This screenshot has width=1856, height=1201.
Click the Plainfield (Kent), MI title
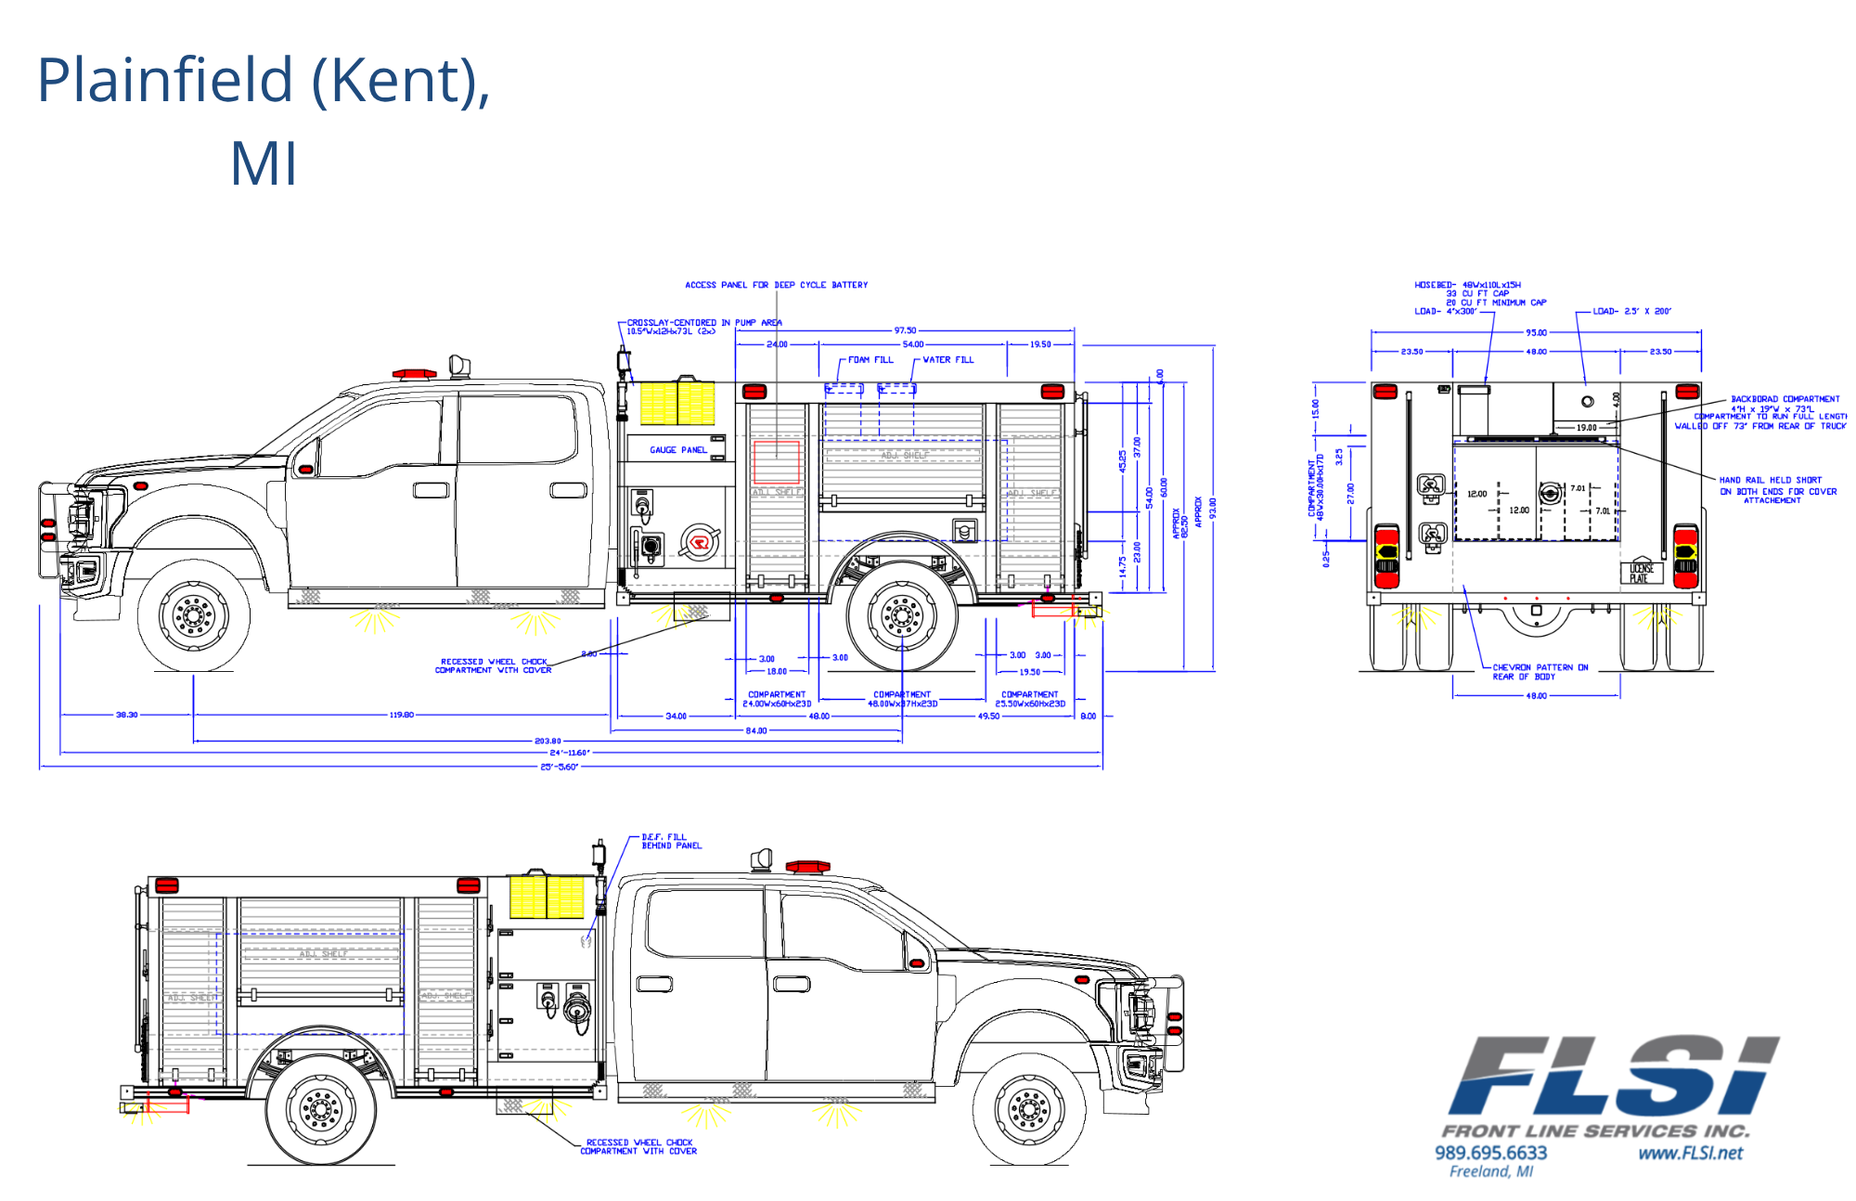point(264,121)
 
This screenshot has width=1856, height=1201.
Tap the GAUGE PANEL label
point(677,450)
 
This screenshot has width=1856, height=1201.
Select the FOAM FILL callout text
point(870,360)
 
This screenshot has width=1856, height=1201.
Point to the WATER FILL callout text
point(947,360)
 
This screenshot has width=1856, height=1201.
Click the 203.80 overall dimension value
point(548,742)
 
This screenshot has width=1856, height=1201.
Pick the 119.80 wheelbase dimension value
point(401,716)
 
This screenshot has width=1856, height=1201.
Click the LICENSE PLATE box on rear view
point(1641,574)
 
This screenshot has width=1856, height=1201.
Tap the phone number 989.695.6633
point(1490,1153)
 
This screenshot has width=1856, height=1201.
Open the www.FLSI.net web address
point(1690,1154)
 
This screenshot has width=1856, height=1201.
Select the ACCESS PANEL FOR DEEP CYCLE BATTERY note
point(776,285)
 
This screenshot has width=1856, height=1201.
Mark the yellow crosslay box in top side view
point(677,403)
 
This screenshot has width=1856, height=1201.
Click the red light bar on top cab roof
point(414,374)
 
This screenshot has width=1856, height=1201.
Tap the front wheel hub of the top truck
point(194,614)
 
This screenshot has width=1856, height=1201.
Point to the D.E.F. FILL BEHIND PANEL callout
point(671,842)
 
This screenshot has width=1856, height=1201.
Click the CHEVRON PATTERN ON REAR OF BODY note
point(1540,672)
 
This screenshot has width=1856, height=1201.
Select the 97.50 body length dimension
point(905,330)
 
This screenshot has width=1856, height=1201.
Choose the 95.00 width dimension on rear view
point(1536,332)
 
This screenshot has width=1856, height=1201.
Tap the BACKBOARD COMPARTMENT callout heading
point(1785,399)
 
